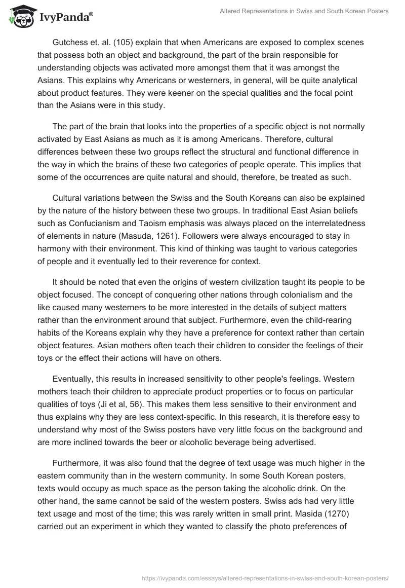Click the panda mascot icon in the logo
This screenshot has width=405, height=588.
coord(19,17)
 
